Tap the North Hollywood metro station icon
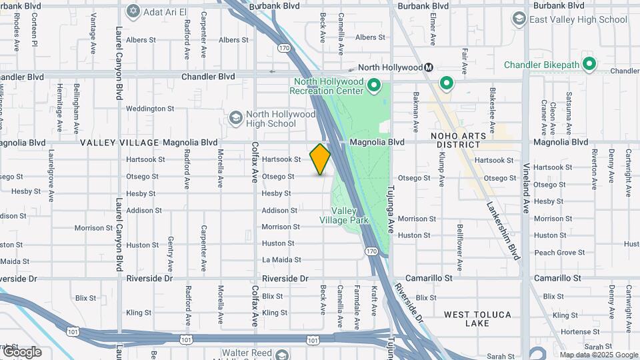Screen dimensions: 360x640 430,67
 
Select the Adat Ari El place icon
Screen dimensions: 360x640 133,11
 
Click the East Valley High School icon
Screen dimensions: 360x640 519,19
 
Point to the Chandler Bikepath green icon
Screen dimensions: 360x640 589,65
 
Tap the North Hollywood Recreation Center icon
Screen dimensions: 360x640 374,86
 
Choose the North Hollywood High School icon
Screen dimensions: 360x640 235,119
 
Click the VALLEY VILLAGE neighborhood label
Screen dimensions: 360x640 120,143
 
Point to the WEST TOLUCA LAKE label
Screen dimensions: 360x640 477,319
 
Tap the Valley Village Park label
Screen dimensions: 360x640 343,215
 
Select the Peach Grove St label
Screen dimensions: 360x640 559,253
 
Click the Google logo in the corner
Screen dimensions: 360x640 21,351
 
